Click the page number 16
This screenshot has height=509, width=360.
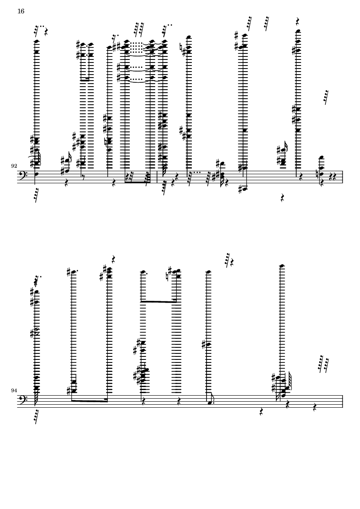coord(21,11)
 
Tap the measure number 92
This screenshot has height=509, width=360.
coord(14,166)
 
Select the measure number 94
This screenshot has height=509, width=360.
coord(14,391)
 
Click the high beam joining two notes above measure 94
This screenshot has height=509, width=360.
coord(159,302)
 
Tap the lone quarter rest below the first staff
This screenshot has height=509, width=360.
coord(282,198)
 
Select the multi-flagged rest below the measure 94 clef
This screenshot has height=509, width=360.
coord(36,417)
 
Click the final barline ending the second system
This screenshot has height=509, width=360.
coord(342,401)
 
